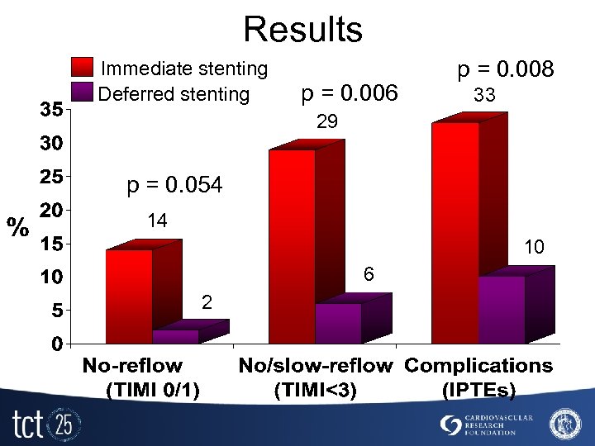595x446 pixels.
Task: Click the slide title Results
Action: pos(302,29)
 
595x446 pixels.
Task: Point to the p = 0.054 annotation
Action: pos(174,187)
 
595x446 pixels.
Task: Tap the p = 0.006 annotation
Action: pos(350,92)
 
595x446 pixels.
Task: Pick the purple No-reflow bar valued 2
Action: pos(176,336)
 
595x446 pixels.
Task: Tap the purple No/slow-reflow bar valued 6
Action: pos(338,323)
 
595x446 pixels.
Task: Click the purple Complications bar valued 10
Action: pos(502,309)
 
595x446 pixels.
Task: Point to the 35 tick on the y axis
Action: pos(52,110)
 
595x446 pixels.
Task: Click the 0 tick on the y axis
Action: pos(57,343)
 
